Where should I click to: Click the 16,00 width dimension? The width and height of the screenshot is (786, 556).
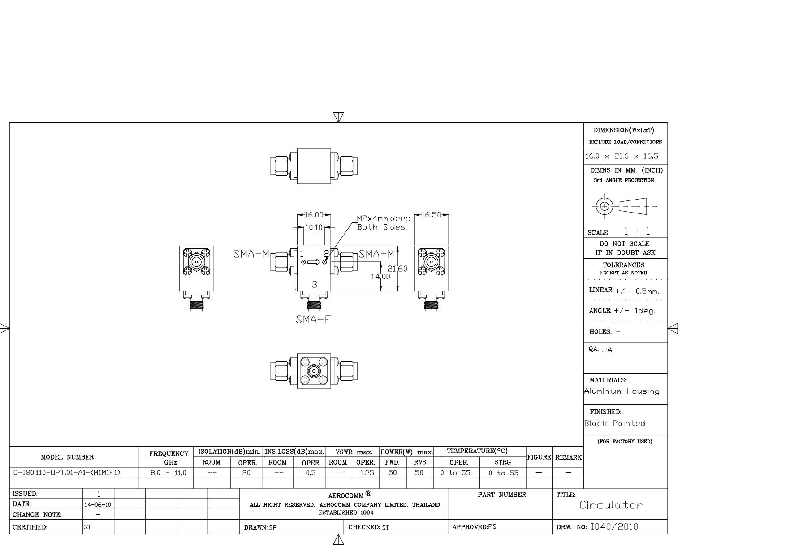[x=314, y=215]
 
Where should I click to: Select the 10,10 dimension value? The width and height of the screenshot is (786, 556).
[x=314, y=228]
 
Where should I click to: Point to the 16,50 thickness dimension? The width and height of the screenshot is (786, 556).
[x=431, y=215]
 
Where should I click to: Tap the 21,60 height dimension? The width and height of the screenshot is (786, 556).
[x=397, y=269]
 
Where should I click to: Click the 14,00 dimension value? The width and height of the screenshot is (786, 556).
[x=380, y=277]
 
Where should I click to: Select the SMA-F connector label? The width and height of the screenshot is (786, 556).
[x=314, y=319]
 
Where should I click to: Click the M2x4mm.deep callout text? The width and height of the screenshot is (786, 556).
[x=384, y=219]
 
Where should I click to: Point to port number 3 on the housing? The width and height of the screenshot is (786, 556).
[x=315, y=284]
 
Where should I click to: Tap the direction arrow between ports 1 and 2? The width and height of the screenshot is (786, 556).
[x=314, y=262]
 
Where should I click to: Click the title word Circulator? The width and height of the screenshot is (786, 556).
[x=611, y=505]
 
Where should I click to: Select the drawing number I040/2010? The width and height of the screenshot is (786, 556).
[x=614, y=527]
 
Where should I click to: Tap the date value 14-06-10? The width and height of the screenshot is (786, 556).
[x=98, y=504]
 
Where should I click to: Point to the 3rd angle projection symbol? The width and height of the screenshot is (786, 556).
[x=625, y=206]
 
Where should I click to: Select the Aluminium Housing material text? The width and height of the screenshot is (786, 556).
[x=622, y=391]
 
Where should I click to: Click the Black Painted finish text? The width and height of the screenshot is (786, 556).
[x=615, y=423]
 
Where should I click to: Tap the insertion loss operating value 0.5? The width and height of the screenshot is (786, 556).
[x=311, y=473]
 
